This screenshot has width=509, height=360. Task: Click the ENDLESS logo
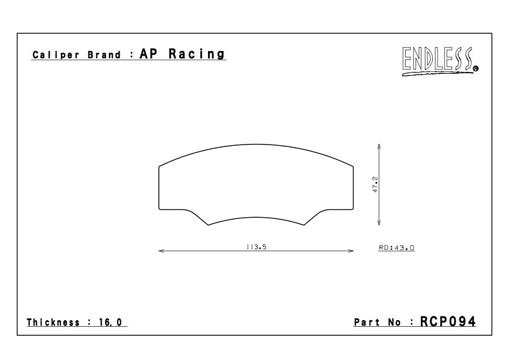(x=440, y=61)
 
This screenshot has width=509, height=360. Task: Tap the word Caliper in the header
(x=56, y=54)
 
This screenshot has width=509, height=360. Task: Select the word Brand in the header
(x=104, y=54)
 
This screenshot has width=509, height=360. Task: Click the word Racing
(x=196, y=54)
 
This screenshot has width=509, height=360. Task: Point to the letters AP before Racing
(x=148, y=54)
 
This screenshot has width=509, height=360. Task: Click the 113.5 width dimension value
(x=256, y=247)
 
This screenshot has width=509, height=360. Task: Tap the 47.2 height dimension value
(x=375, y=185)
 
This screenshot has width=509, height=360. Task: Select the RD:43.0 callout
(x=397, y=247)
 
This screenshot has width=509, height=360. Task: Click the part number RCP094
(x=448, y=322)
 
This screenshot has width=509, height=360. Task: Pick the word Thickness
(x=53, y=322)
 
